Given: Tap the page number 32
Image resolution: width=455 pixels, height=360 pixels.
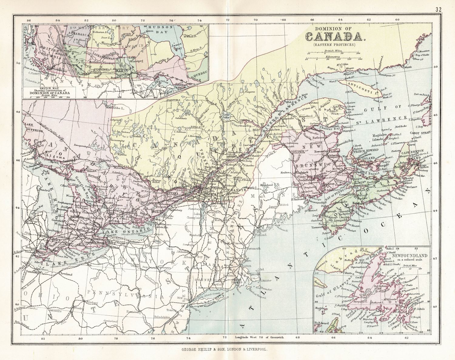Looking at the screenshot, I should click(x=438, y=9).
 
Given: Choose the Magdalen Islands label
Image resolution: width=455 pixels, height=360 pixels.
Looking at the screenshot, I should click(x=379, y=137).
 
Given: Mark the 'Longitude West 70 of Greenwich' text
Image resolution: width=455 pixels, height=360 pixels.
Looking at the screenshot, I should click(x=258, y=337).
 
